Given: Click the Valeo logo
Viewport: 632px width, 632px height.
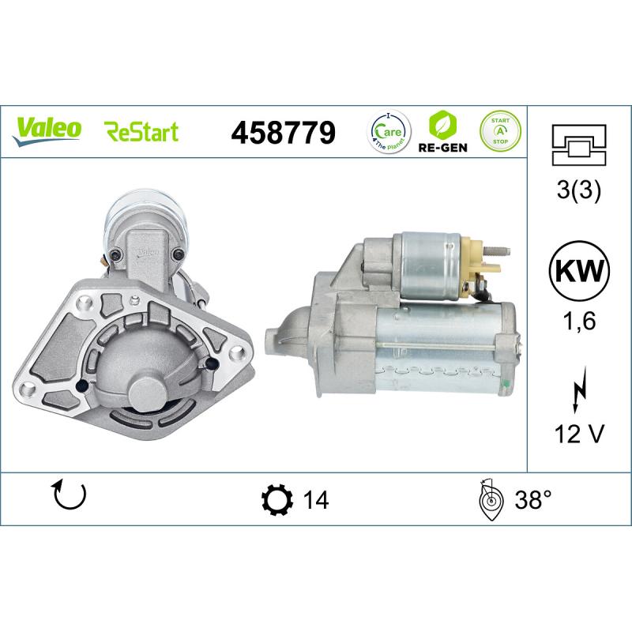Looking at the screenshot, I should [x=47, y=129].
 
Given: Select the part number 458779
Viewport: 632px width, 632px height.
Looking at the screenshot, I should [x=282, y=132].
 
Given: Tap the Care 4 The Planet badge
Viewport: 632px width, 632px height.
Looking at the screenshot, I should [x=388, y=130].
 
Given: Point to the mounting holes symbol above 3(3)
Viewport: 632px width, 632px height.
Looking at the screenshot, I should [x=579, y=145].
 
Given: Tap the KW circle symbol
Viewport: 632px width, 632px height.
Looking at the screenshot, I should [x=579, y=273].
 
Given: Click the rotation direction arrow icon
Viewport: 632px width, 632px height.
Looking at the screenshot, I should [x=69, y=495].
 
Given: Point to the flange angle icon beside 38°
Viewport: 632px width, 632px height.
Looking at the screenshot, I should [x=491, y=499].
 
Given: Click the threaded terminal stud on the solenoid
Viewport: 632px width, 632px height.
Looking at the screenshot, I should [x=498, y=253].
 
